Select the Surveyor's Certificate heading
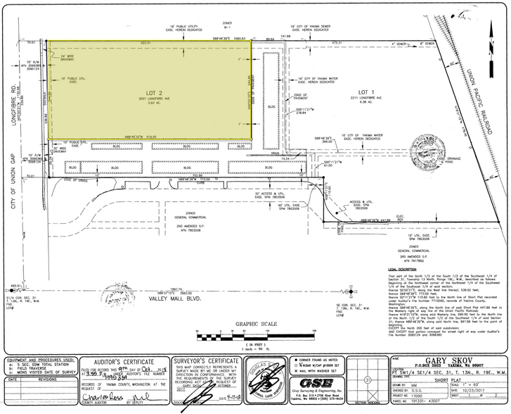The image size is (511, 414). pos(219,358)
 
